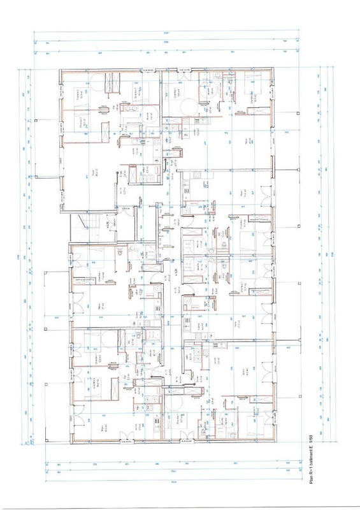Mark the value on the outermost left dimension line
point(18,255)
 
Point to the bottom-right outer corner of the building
point(277,441)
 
